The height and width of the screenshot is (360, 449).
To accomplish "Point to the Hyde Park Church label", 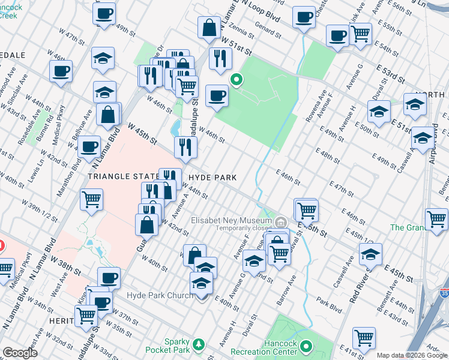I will (x=160, y=295).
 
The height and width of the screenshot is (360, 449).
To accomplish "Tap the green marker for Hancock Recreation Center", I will (x=307, y=346).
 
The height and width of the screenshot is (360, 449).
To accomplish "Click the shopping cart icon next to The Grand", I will (x=435, y=219).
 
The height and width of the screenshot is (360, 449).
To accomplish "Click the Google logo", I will (x=20, y=353).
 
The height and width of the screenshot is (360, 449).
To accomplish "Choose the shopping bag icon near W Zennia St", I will (x=208, y=28).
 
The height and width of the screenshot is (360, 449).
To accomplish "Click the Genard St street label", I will (x=264, y=29).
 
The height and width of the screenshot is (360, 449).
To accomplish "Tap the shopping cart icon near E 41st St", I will (x=364, y=338).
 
